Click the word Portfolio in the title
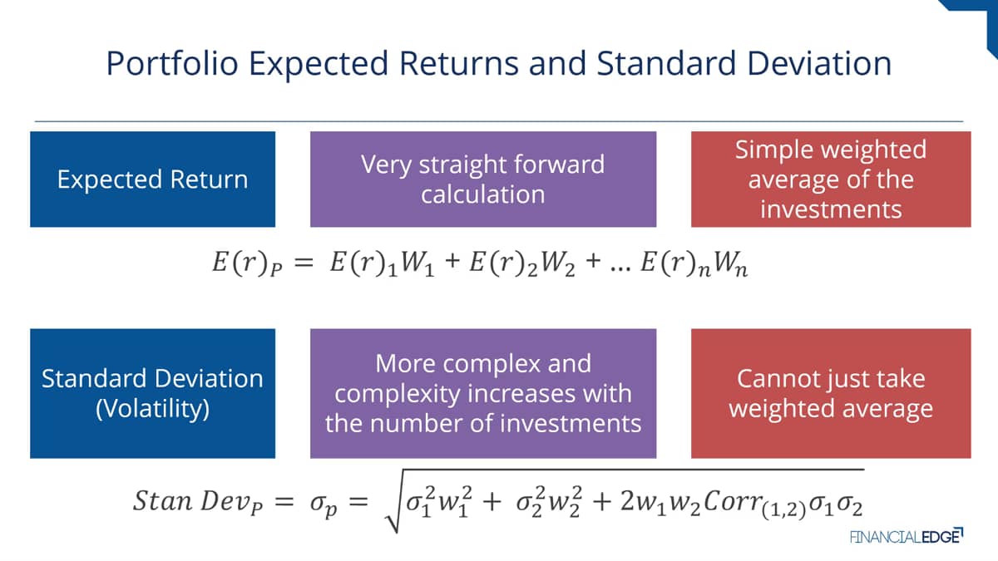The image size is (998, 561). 172,64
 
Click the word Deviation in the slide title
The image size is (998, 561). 819,63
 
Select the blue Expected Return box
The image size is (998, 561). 152,179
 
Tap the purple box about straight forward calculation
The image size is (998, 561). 483,179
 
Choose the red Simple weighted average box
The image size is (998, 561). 831,179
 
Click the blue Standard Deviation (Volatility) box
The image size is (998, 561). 152,394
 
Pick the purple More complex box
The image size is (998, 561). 483,394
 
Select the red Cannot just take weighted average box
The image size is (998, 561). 831,394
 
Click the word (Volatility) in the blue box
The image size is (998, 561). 152,409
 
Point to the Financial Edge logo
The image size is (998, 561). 907,536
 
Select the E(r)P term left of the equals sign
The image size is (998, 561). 247,263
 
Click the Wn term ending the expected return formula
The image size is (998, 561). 730,263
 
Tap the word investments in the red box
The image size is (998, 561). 831,209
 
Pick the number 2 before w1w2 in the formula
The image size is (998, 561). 627,501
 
